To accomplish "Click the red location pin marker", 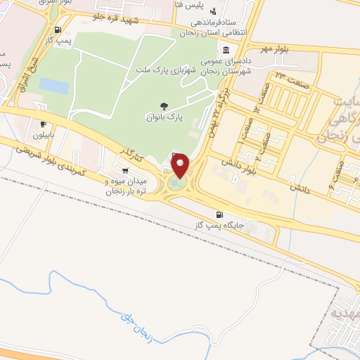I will pyautogui.click(x=181, y=165).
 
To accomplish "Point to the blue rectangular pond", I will pyautogui.click(x=53, y=86).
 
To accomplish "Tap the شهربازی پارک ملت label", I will pyautogui.click(x=169, y=67).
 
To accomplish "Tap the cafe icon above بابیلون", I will pyautogui.click(x=44, y=124).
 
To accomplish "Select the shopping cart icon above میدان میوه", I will pyautogui.click(x=125, y=170).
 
